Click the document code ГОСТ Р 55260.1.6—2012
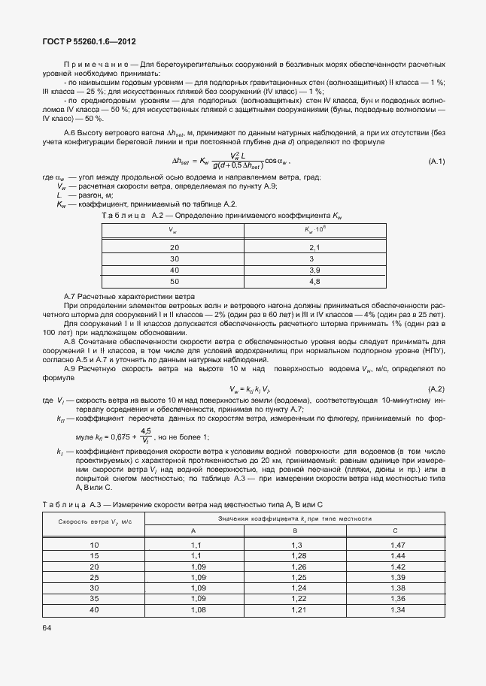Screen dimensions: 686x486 89,43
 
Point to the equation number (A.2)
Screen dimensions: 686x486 436,388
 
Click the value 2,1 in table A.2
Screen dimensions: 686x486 315,247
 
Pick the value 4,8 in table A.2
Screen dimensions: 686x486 315,281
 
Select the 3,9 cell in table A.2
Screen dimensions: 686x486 315,270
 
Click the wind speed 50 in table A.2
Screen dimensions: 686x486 175,281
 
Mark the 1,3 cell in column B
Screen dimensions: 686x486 296,544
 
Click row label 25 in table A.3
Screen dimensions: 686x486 94,576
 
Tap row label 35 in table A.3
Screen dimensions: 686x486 94,599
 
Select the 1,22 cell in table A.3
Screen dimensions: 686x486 296,599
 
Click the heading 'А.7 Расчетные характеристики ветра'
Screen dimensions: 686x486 129,297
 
